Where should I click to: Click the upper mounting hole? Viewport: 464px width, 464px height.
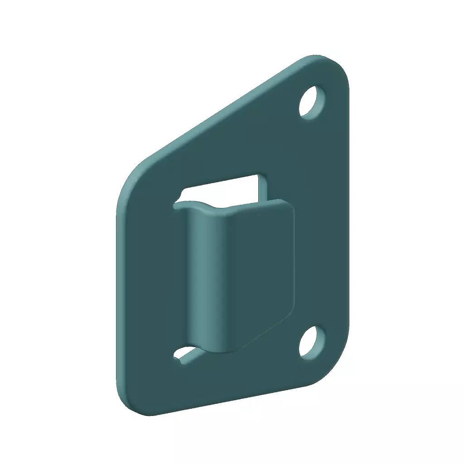click(313, 102)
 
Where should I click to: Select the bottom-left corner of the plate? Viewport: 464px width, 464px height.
click(129, 406)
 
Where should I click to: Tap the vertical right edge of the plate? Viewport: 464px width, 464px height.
click(348, 217)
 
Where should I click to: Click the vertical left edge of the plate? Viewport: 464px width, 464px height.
click(117, 295)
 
